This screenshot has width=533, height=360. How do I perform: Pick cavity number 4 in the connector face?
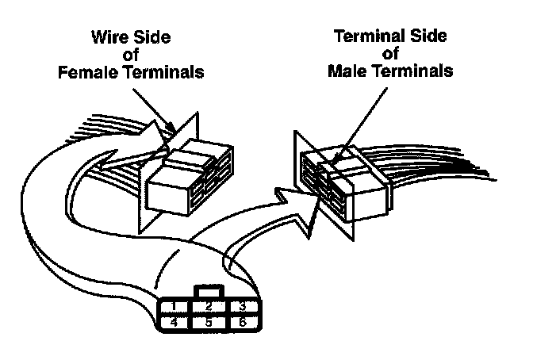172,323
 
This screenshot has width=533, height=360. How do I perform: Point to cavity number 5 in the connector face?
207,323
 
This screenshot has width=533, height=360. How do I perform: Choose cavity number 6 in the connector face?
242,323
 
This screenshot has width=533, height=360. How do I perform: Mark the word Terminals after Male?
413,71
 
